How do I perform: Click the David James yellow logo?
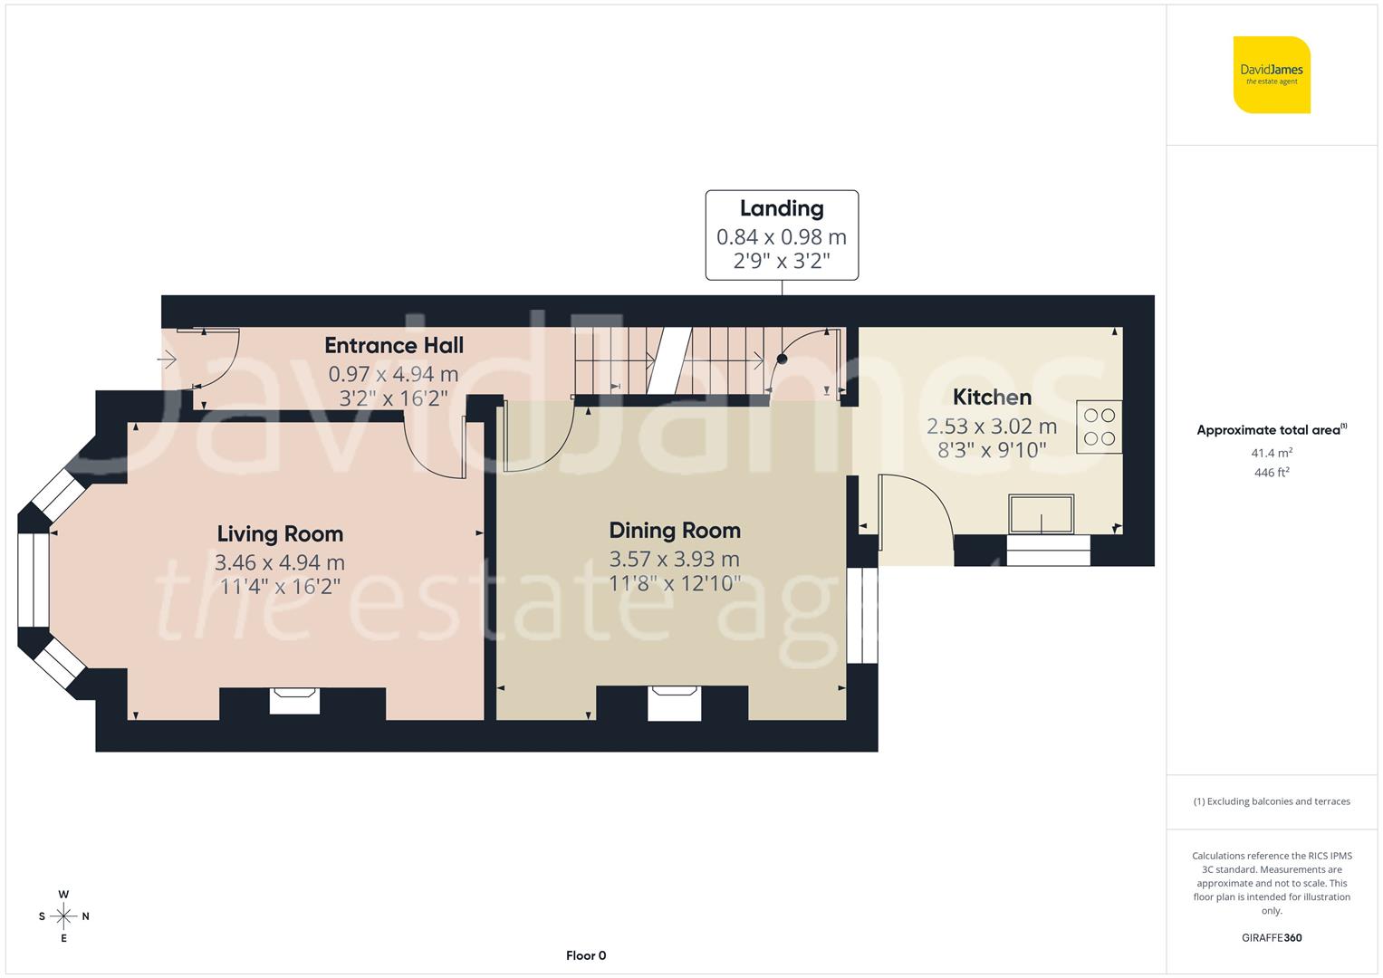click(1272, 74)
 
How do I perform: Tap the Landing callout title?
click(781, 208)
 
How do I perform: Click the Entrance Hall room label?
click(394, 345)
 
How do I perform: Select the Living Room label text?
click(280, 534)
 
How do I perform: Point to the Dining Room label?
click(675, 531)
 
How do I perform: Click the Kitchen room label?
click(992, 398)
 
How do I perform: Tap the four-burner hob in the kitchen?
click(1100, 427)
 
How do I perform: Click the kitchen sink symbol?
click(1042, 514)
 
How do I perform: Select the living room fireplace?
click(295, 700)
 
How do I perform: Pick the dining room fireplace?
click(675, 703)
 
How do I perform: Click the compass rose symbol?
click(63, 916)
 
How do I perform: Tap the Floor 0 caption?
click(586, 955)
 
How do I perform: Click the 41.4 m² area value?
click(1272, 453)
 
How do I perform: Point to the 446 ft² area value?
click(1272, 473)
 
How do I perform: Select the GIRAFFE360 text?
click(1272, 938)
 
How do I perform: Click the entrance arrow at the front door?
click(168, 360)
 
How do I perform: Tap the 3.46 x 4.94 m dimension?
click(280, 562)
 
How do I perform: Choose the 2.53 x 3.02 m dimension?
click(992, 426)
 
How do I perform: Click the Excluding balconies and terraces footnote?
click(1272, 801)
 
